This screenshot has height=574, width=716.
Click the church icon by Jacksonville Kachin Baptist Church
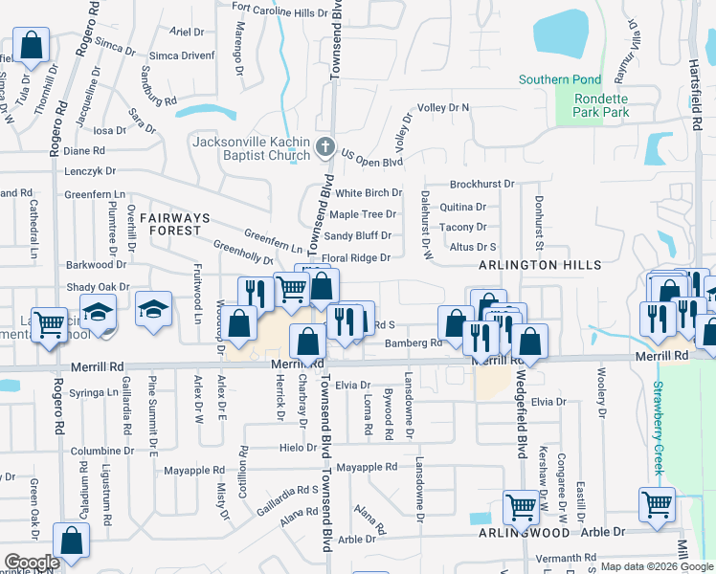point(325,148)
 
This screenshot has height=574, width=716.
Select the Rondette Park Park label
point(602,105)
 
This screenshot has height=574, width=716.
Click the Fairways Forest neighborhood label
point(170,224)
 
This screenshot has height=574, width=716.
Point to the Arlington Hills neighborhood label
point(541,265)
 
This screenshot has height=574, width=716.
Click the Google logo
point(32,563)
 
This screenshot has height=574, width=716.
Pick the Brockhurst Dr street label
point(481,184)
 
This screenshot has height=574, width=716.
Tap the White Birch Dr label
point(368,193)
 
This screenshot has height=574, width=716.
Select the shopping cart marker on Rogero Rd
point(49,324)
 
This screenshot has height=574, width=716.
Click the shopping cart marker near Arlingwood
point(522,506)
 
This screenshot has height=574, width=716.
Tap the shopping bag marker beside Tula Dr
point(31,46)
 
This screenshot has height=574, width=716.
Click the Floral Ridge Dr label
point(356,258)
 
